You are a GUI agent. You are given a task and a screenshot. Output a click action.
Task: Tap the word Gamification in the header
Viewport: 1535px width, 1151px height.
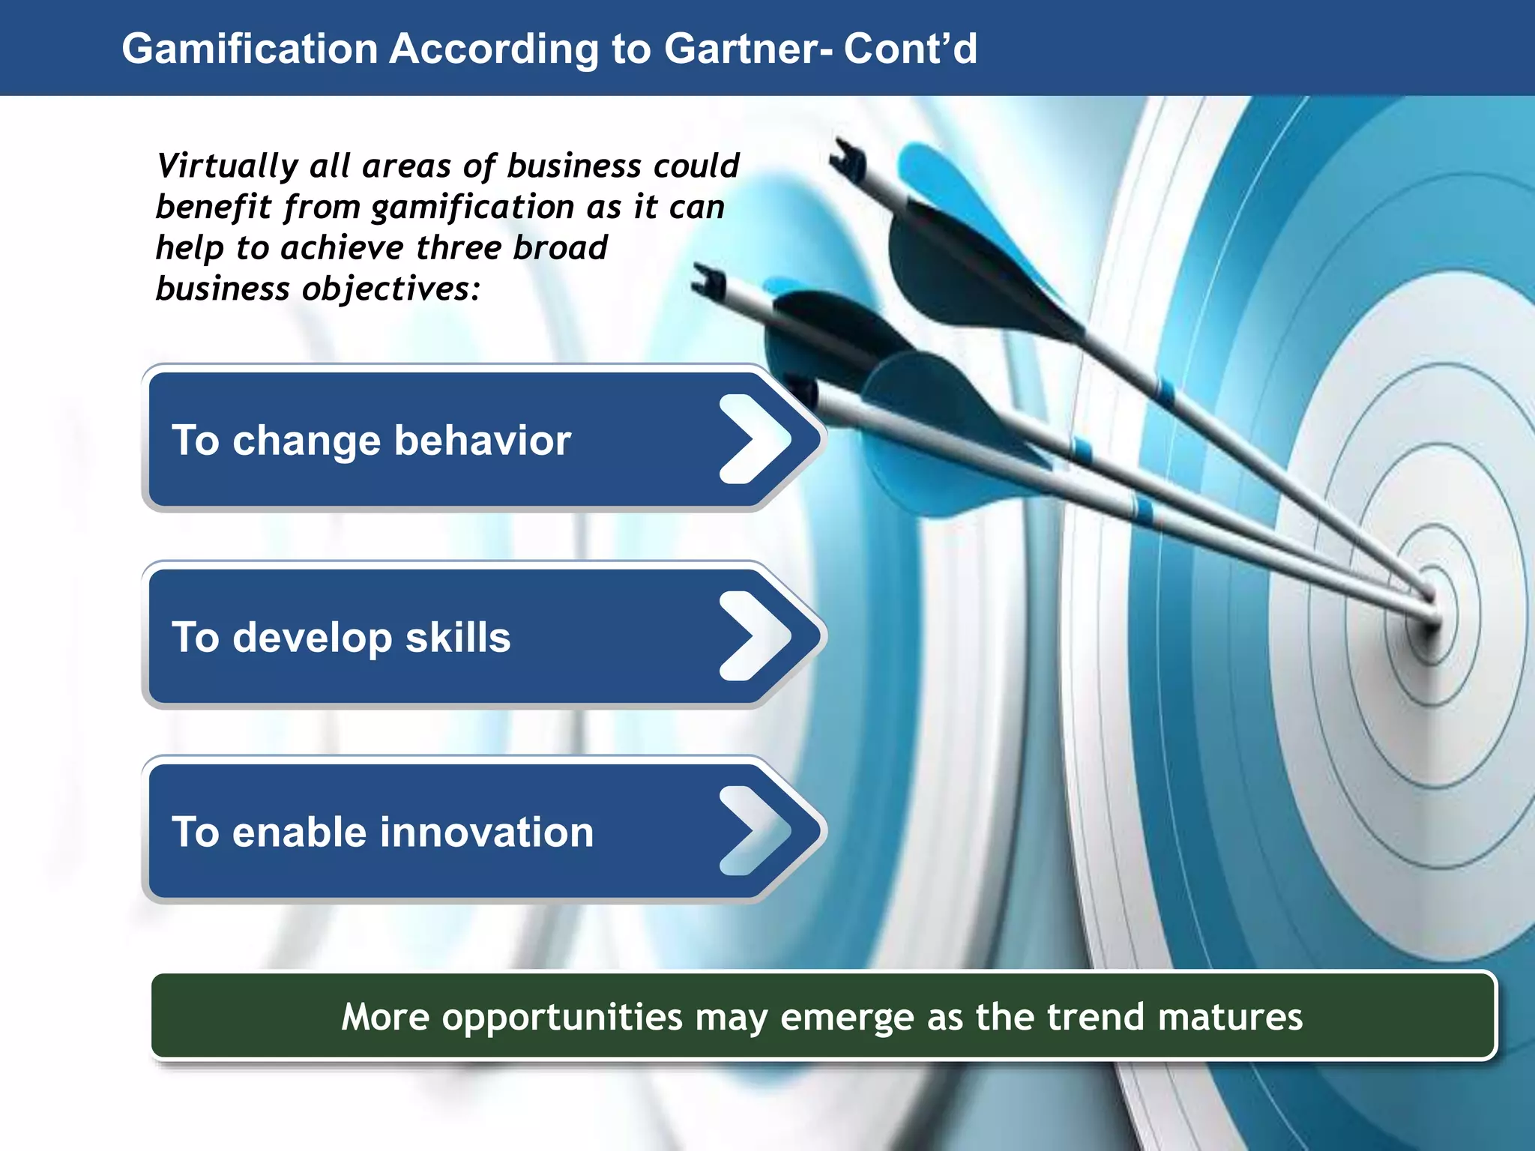(x=250, y=49)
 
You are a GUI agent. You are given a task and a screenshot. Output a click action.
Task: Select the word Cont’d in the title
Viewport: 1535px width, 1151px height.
(x=910, y=49)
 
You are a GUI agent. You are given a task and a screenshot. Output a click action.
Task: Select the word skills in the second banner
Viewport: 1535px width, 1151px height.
(x=458, y=638)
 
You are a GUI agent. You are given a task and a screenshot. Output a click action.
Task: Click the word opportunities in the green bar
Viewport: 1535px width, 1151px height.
(x=562, y=1018)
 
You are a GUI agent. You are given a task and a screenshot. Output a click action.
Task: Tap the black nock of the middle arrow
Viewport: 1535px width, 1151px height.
(x=708, y=283)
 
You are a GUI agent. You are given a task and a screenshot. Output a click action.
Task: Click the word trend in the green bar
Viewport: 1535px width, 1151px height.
(x=1095, y=1018)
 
